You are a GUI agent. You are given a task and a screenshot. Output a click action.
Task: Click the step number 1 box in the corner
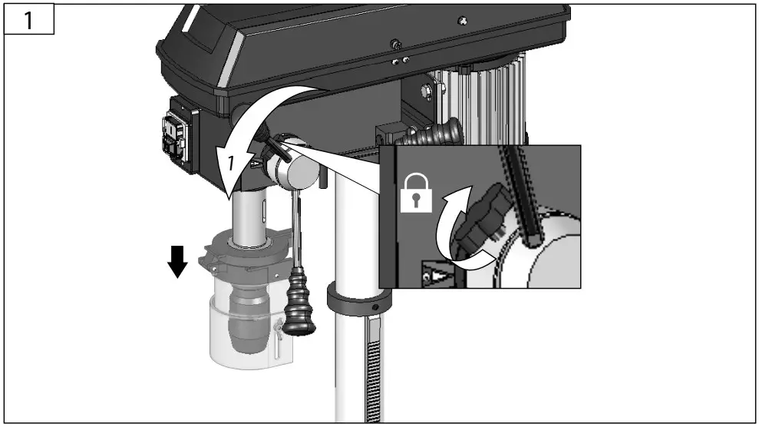click(x=28, y=20)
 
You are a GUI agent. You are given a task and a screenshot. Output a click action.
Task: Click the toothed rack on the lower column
click(x=373, y=376)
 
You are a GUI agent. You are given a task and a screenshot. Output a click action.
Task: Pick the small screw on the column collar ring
click(x=375, y=306)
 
